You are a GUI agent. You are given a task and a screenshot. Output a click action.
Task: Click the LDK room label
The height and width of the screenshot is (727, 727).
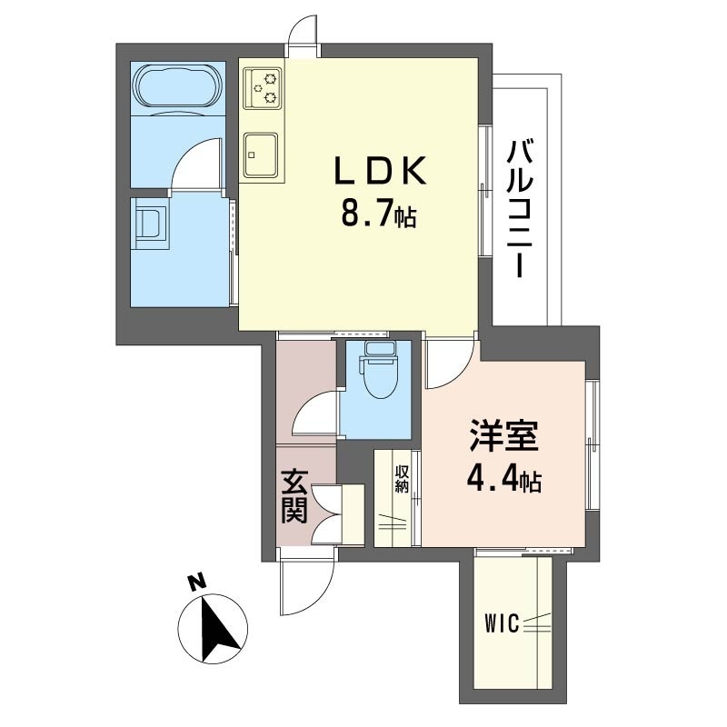coord(380,171)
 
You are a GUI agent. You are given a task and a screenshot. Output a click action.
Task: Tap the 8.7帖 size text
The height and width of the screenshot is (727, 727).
coord(379,213)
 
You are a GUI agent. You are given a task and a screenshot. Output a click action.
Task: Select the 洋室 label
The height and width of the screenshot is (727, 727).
coord(504,435)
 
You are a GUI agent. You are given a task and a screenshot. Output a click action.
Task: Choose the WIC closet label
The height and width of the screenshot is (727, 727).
coord(502,623)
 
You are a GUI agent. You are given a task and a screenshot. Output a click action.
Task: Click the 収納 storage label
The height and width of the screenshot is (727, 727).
coord(402,479)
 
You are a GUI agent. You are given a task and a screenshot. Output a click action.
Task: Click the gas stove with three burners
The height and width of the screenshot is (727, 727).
coord(263,87)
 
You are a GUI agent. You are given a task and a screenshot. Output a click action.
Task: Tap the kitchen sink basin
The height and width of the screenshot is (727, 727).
coord(262,154)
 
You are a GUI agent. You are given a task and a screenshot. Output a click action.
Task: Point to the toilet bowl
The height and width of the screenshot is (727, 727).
coord(379,371)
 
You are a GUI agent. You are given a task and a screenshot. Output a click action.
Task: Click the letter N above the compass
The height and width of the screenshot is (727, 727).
coord(197,583)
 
